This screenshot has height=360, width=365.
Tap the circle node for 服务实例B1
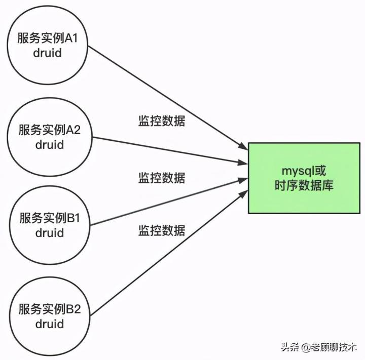click(50, 226)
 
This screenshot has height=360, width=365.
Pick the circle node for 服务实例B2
click(50, 316)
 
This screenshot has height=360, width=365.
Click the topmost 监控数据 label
click(162, 121)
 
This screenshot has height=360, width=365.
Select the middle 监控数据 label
click(162, 178)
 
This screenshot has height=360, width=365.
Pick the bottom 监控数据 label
click(162, 230)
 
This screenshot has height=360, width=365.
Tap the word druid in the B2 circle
click(50, 323)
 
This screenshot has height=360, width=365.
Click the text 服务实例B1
click(50, 219)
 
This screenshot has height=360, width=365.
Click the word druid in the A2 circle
click(50, 145)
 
